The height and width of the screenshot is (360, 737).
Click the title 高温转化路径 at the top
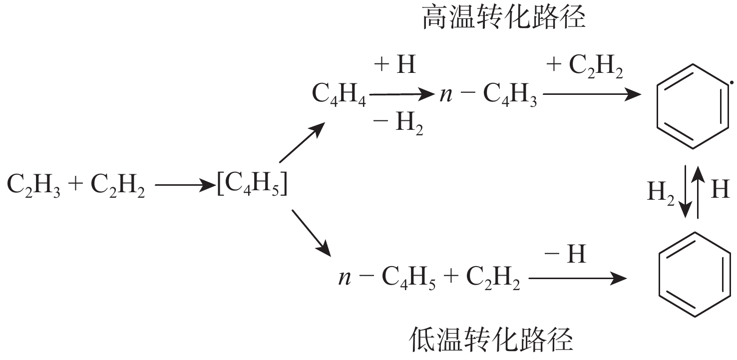(x=504, y=16)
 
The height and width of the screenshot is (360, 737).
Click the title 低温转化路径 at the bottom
(x=491, y=339)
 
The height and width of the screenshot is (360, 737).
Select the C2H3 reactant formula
(x=33, y=185)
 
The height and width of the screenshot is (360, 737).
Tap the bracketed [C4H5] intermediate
(x=252, y=184)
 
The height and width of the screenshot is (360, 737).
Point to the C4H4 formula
(x=339, y=95)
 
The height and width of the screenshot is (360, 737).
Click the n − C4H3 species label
(x=488, y=95)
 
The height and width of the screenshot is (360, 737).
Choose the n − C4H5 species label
(x=387, y=278)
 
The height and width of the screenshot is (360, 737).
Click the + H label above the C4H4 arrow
(x=395, y=64)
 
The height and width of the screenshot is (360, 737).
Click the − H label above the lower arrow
(x=565, y=254)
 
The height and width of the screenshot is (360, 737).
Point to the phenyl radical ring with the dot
(x=693, y=106)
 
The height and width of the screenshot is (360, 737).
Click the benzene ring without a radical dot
(x=695, y=275)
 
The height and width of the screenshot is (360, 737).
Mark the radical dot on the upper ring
(x=732, y=82)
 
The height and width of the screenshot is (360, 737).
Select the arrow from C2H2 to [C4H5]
(x=185, y=185)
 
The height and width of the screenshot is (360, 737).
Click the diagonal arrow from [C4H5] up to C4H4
(x=302, y=142)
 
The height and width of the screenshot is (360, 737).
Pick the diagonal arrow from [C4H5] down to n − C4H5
(x=311, y=233)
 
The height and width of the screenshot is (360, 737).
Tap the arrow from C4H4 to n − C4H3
(x=402, y=95)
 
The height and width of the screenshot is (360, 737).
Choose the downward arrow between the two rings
(x=686, y=192)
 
